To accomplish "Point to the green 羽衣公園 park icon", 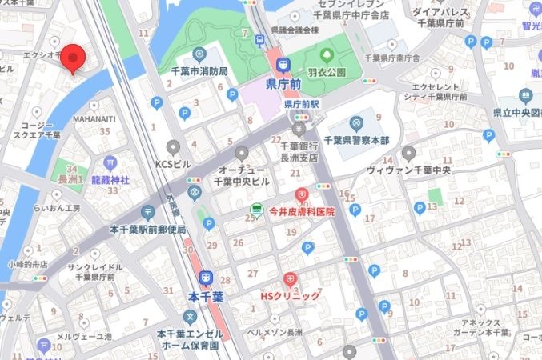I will [327, 56].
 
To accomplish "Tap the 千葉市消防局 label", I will [199, 72].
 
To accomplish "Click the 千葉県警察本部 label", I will [356, 141].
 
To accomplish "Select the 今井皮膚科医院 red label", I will [301, 213].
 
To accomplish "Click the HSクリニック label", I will [290, 296].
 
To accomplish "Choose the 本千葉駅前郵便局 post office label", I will [147, 230].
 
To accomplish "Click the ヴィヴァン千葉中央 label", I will [408, 170].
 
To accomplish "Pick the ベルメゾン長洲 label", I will [274, 332].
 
